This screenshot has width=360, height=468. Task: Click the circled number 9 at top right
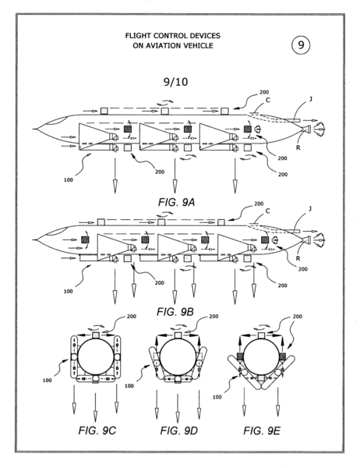pyautogui.click(x=301, y=45)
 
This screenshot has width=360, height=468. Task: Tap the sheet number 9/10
pyautogui.click(x=176, y=81)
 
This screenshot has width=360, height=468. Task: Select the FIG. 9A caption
pyautogui.click(x=176, y=202)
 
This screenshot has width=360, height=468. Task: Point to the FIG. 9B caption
pyautogui.click(x=175, y=312)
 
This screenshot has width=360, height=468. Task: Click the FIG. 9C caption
pyautogui.click(x=97, y=431)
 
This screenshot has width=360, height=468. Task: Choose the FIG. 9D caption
pyautogui.click(x=178, y=431)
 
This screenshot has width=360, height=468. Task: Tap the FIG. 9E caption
pyautogui.click(x=262, y=431)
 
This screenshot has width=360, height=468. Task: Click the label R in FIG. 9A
pyautogui.click(x=298, y=147)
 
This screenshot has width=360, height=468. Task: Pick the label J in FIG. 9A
pyautogui.click(x=310, y=99)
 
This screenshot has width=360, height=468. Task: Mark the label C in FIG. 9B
pyautogui.click(x=267, y=211)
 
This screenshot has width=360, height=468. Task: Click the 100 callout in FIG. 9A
pyautogui.click(x=69, y=179)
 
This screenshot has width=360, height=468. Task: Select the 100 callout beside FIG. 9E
pyautogui.click(x=217, y=397)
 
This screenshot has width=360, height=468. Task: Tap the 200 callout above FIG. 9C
pyautogui.click(x=132, y=317)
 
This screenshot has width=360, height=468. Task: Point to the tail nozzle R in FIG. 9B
pyautogui.click(x=307, y=239)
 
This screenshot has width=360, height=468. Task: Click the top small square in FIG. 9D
pyautogui.click(x=178, y=335)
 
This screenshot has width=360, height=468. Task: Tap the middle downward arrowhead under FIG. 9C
pyautogui.click(x=95, y=416)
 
